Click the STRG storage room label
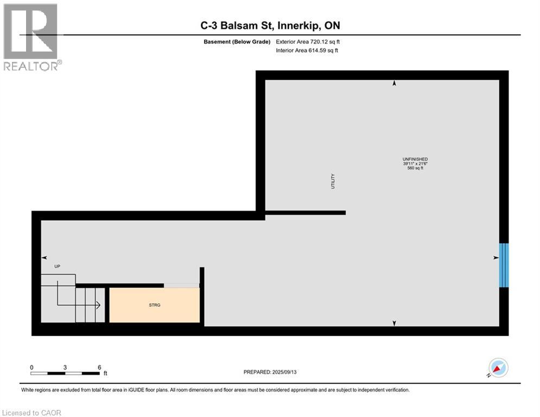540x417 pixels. click(x=155, y=305)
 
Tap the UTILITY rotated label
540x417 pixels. click(x=333, y=181)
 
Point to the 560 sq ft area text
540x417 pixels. click(x=415, y=168)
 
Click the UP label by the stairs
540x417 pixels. click(x=57, y=267)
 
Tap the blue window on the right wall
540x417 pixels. click(x=504, y=265)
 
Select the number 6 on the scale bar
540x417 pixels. click(x=99, y=367)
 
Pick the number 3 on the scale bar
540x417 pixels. click(x=65, y=367)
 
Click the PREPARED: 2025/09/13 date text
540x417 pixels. click(x=270, y=372)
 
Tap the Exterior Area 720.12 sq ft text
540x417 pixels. click(x=308, y=41)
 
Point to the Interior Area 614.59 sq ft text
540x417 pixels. click(x=308, y=50)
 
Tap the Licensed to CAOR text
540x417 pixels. click(x=31, y=413)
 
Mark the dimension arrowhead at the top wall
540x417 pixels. click(x=395, y=83)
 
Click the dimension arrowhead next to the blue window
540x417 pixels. click(x=495, y=258)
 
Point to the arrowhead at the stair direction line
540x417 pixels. click(x=98, y=306)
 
